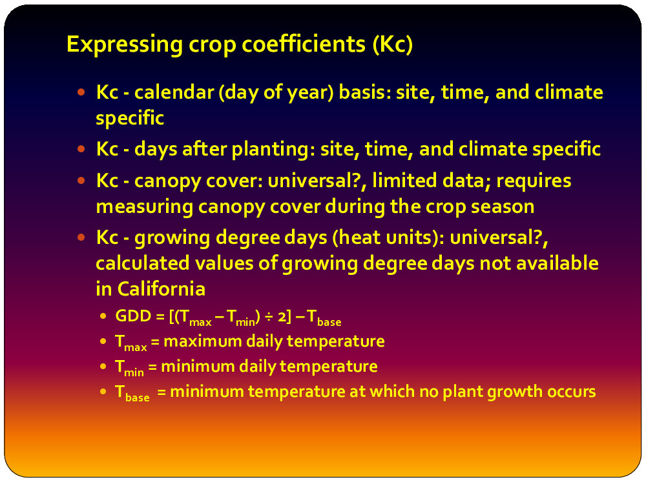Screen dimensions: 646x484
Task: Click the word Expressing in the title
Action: [125, 45]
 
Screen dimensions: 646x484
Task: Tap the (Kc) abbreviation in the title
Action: [392, 44]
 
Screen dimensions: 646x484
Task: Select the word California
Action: [161, 288]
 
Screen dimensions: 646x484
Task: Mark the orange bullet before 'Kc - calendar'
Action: [81, 92]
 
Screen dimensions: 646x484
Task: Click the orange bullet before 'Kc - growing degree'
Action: [81, 237]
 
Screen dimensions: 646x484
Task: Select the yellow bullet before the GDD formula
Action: [103, 316]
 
